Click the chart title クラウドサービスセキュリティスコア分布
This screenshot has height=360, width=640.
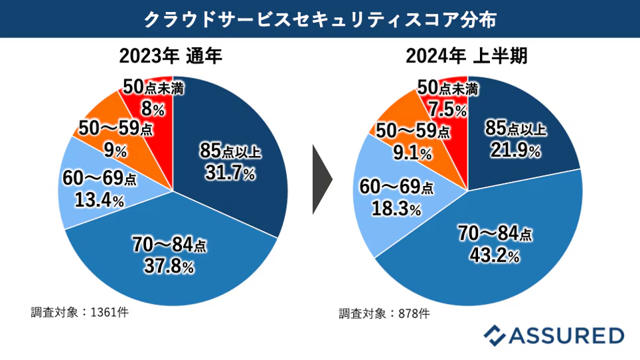[x=320, y=19]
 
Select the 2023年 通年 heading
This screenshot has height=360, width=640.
[x=171, y=56]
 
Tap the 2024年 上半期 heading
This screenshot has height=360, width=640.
[x=467, y=56]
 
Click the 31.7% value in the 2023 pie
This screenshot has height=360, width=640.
[x=230, y=173]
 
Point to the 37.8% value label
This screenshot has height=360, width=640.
[x=169, y=266]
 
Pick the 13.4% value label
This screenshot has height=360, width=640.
[x=99, y=200]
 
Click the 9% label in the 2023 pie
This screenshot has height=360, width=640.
[x=116, y=151]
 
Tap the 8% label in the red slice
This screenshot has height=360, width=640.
[x=153, y=108]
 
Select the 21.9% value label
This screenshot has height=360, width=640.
[x=515, y=150]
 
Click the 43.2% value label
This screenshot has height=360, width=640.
[x=495, y=256]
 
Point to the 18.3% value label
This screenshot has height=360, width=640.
[x=396, y=209]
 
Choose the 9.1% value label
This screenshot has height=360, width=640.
[x=412, y=153]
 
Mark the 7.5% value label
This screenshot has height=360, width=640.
[x=447, y=110]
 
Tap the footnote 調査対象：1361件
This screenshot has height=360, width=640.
[x=80, y=312]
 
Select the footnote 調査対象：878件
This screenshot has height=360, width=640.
[x=384, y=314]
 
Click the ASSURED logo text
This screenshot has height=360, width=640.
[x=566, y=335]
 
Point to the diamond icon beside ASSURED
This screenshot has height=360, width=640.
[x=495, y=335]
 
